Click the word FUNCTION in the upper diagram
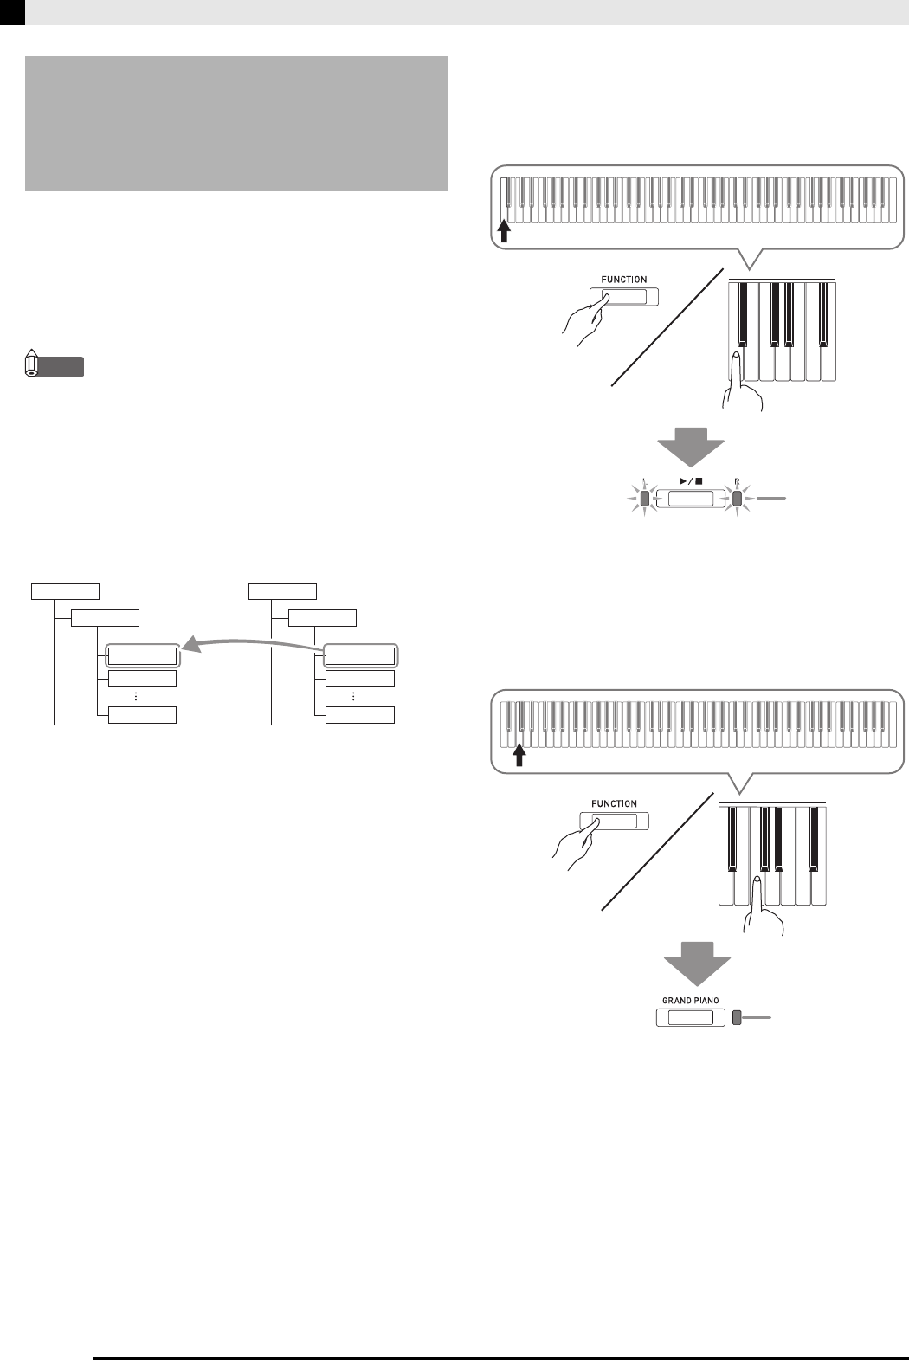(x=624, y=280)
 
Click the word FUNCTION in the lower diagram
(x=614, y=803)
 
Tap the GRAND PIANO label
(x=690, y=1000)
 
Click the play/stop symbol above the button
(x=690, y=479)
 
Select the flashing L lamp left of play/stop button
(x=643, y=499)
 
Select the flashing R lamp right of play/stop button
(x=737, y=499)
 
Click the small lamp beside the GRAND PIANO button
(x=737, y=1018)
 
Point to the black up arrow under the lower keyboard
(x=519, y=756)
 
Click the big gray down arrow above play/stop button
(x=691, y=447)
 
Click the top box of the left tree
(x=66, y=591)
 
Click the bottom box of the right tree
(x=359, y=715)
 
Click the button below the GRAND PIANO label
(x=690, y=1018)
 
